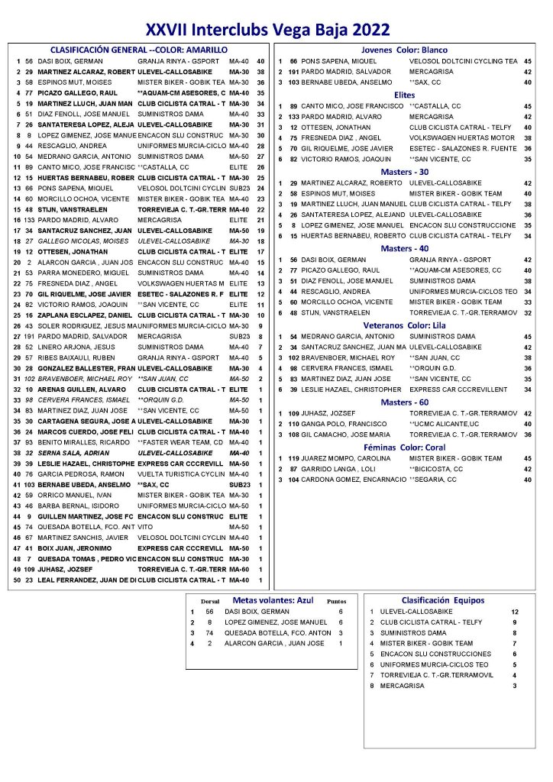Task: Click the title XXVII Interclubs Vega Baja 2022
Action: pyautogui.click(x=268, y=29)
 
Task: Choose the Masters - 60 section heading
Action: pyautogui.click(x=405, y=402)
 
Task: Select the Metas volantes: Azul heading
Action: pyautogui.click(x=273, y=600)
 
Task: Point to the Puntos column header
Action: pyautogui.click(x=336, y=601)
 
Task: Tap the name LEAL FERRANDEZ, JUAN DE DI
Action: pyautogui.click(x=86, y=581)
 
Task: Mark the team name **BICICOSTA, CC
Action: pyautogui.click(x=436, y=469)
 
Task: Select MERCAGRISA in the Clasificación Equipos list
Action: pyautogui.click(x=400, y=686)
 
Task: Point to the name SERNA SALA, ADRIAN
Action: pyautogui.click(x=70, y=453)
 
